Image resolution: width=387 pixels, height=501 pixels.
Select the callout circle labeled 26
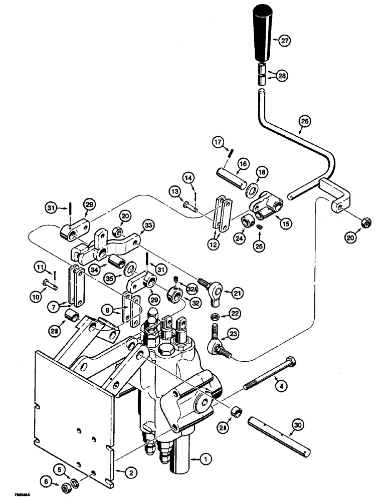point(304,121)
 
